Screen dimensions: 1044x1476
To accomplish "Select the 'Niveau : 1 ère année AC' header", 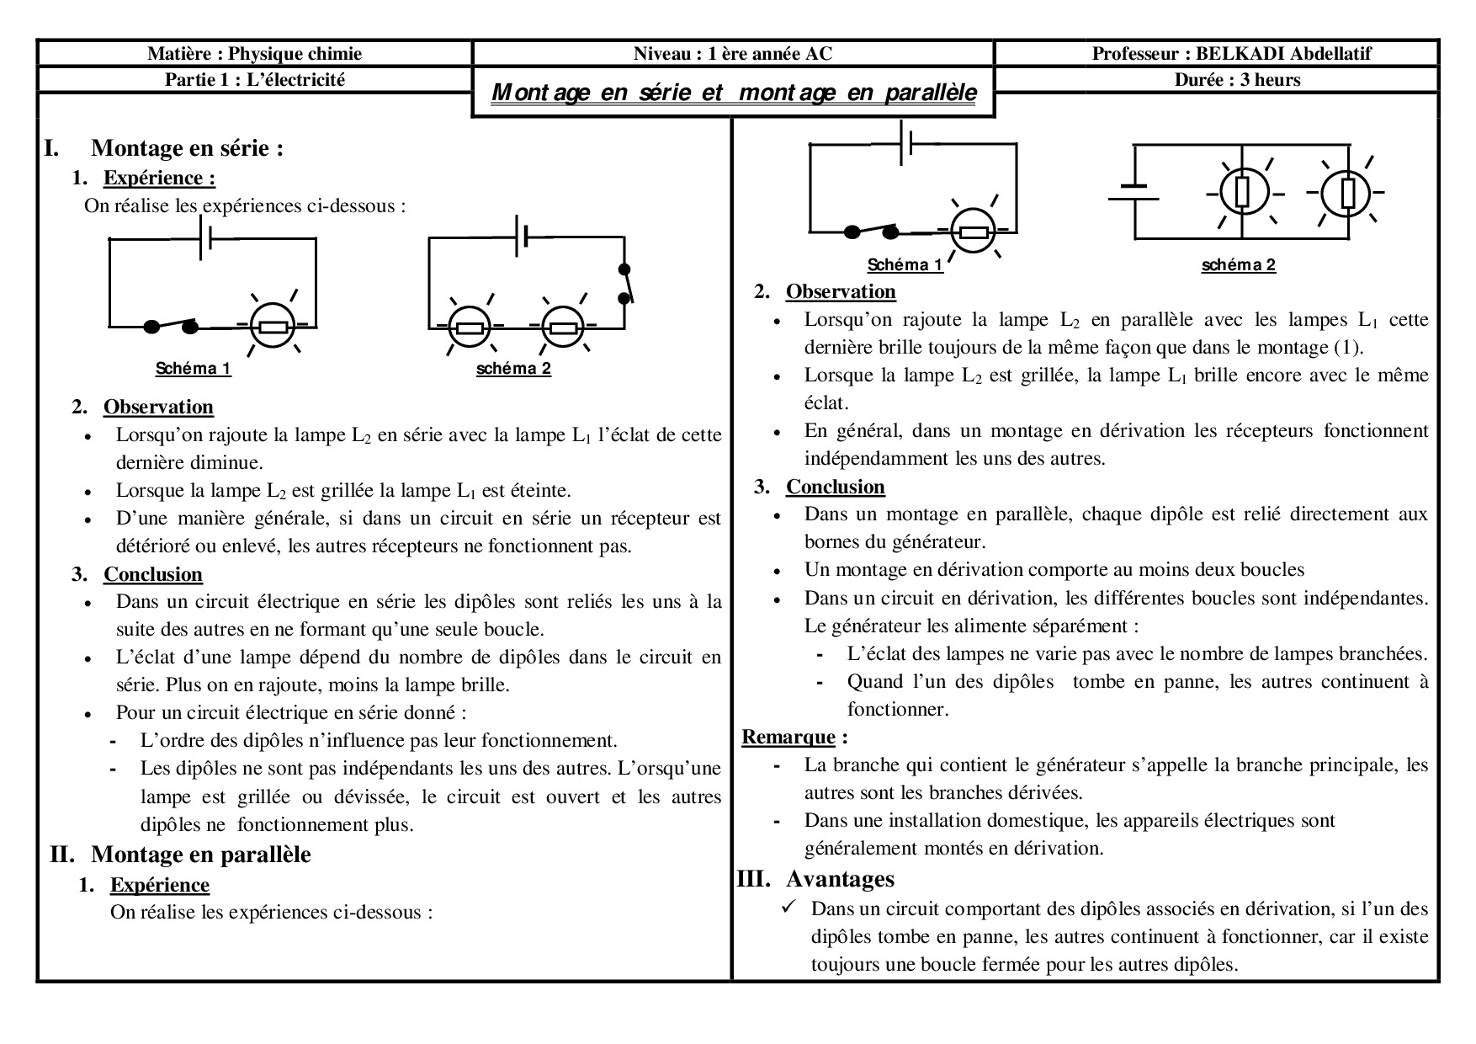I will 733,54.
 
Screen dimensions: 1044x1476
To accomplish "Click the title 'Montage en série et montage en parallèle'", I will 733,92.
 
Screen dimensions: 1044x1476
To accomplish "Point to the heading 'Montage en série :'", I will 187,148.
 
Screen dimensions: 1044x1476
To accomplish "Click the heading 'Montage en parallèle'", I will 201,855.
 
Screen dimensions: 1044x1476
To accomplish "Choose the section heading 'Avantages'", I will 840,879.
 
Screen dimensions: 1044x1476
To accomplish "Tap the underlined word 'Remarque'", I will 788,738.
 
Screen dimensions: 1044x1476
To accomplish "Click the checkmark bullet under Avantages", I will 789,908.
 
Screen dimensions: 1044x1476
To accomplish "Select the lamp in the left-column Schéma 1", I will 273,326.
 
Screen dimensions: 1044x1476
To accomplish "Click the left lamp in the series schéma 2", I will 469,327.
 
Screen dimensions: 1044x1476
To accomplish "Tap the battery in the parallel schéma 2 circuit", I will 1134,193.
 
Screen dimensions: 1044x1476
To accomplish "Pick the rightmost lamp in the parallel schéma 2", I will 1346,194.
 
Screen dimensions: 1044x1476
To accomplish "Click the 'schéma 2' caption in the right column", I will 1238,265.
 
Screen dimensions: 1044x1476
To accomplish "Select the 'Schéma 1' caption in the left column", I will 193,369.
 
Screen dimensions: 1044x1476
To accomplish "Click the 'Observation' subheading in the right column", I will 841,292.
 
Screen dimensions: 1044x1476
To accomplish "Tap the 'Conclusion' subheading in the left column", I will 153,574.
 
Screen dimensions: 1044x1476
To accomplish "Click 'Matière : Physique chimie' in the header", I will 254,54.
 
